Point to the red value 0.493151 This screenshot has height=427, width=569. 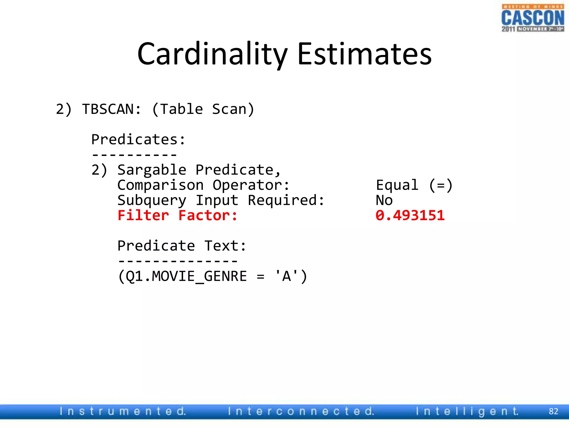410,215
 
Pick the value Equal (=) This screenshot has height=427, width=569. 414,185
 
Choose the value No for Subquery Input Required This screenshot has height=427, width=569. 384,200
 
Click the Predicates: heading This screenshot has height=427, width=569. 138,139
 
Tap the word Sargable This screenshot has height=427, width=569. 152,170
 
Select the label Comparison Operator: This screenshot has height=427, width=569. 203,185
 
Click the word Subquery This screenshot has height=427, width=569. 152,200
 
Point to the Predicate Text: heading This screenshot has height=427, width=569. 182,246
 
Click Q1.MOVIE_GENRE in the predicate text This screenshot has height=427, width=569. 186,276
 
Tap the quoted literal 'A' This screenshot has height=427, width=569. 286,276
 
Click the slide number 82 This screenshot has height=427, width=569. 553,411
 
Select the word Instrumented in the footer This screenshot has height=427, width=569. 123,411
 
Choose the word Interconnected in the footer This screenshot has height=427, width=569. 301,411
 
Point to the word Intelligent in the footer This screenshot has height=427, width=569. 467,411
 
